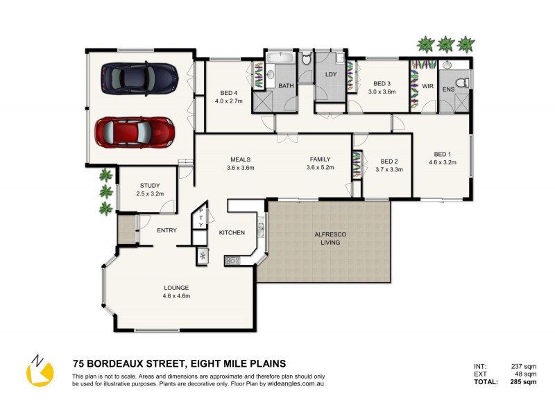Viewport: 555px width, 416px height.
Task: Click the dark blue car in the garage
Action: [139, 78]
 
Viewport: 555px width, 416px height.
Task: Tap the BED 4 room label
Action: [229, 93]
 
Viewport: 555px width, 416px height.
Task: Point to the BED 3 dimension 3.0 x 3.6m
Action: [382, 92]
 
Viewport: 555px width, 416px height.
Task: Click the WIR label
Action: [427, 86]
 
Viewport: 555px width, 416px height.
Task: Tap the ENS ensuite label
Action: [449, 89]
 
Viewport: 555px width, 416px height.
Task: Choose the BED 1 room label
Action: [442, 154]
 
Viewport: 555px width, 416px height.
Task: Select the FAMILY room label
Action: [320, 158]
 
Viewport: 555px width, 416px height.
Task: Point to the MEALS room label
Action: [240, 158]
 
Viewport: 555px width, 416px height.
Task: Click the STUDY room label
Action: [150, 185]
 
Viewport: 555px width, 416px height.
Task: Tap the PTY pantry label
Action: [201, 218]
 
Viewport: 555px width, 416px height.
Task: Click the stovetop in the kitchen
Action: [232, 261]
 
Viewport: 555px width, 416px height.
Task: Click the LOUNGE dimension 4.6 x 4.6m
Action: [176, 296]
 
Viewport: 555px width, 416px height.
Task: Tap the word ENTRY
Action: [166, 230]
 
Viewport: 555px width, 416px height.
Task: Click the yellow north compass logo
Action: [40, 371]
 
